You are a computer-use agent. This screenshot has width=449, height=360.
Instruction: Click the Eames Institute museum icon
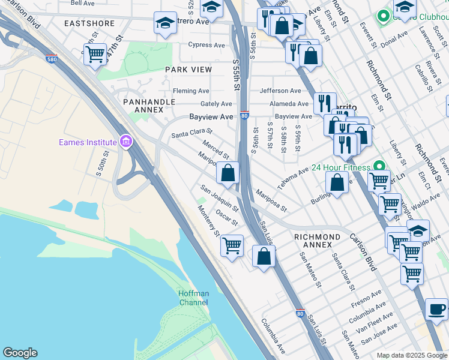(x=126, y=142)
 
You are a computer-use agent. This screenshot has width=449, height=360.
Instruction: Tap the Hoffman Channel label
(x=193, y=298)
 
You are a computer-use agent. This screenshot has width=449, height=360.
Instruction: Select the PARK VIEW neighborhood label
(x=188, y=70)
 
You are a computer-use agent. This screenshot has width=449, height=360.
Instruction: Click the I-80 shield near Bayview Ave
(x=244, y=115)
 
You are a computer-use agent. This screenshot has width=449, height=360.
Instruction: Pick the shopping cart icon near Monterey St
(x=232, y=245)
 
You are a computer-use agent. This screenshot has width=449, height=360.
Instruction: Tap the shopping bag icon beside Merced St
(x=228, y=173)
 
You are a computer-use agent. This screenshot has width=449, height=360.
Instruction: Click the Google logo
(x=20, y=353)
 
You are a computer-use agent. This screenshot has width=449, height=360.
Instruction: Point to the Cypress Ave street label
(x=206, y=44)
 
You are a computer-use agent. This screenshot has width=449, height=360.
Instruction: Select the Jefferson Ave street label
(x=280, y=91)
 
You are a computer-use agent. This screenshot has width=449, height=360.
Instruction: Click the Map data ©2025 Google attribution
(x=411, y=355)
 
